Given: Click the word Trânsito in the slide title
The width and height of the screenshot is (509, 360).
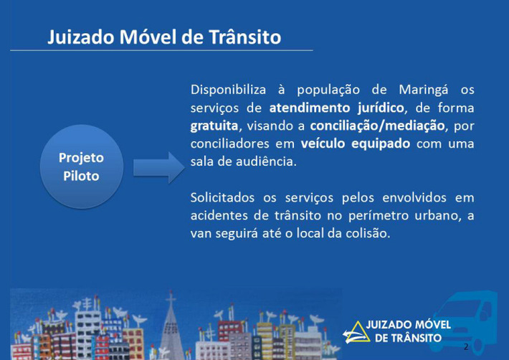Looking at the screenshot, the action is click(244, 37).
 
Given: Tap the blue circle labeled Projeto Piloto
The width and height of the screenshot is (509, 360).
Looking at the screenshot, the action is click(82, 166).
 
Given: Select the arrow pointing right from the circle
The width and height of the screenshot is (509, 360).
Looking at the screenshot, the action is click(159, 168).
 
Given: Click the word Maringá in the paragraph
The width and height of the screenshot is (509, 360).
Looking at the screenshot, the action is click(424, 90).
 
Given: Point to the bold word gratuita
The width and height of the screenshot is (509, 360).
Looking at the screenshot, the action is click(214, 125).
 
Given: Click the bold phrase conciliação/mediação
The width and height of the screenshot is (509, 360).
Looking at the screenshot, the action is click(377, 125).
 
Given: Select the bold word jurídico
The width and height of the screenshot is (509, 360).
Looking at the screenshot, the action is click(381, 108).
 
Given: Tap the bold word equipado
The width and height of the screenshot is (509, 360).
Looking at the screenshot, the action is click(381, 144).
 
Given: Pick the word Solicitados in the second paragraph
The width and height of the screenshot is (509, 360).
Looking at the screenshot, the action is click(222, 197).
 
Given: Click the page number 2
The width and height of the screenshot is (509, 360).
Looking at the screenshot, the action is click(466, 346).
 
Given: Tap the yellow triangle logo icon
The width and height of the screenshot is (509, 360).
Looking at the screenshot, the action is click(356, 333).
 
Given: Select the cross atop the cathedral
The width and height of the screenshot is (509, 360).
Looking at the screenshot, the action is click(171, 297).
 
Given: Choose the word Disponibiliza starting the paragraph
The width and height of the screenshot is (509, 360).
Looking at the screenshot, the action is click(228, 90).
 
